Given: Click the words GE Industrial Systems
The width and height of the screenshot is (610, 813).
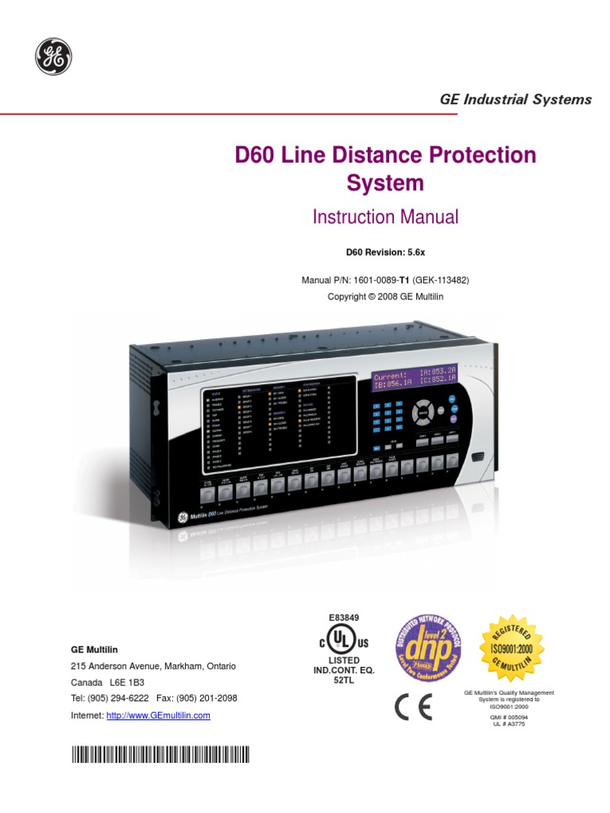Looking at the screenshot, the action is pos(515,99).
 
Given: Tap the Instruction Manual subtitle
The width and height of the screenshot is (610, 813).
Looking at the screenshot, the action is pos(385,216).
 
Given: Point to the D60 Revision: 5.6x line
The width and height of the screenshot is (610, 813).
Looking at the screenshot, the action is pos(384,252).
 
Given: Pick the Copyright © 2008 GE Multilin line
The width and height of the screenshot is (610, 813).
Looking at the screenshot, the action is pos(384,296).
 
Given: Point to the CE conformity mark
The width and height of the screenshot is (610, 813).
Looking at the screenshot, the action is pos(414,708).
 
